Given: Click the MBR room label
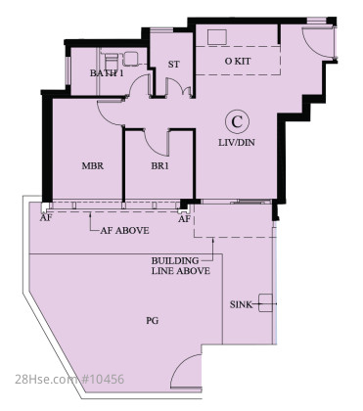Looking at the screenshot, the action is coord(93,166).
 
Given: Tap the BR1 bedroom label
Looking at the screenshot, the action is coord(159,166).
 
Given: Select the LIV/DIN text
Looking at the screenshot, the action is coord(237,143).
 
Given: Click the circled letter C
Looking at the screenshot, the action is coord(237,121).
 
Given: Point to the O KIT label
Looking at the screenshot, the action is coord(238,61).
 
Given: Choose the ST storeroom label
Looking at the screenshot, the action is coord(173,65).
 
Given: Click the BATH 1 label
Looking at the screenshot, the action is coord(107,73).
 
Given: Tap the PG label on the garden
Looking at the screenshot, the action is coord(153,321).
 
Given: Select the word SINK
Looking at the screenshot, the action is coord(241,304).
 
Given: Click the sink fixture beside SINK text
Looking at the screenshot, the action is coord(265,303).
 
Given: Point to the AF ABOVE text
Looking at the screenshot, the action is coord(124,231).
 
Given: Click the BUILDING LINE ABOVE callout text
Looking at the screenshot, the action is coord(181,266).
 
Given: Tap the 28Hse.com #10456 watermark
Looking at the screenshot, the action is coord(69,380).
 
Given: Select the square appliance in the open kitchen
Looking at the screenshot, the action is coord(217,38).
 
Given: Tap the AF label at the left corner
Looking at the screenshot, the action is coord(46,218).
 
